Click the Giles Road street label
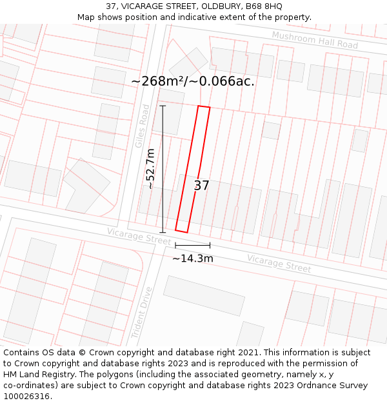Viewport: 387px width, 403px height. coord(143,126)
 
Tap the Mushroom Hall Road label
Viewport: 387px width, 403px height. coord(315,40)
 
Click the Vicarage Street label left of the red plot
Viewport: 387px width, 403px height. coord(139,235)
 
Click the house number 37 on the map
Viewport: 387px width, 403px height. coord(202,186)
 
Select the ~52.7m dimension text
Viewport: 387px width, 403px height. coord(150,168)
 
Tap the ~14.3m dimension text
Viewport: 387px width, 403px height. coord(192,259)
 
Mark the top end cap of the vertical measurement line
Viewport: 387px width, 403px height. coord(163,106)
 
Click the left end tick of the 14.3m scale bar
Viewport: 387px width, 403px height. coord(175,245)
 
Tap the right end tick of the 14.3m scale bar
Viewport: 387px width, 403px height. coord(210,245)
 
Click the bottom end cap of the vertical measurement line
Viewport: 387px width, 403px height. coord(163,232)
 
